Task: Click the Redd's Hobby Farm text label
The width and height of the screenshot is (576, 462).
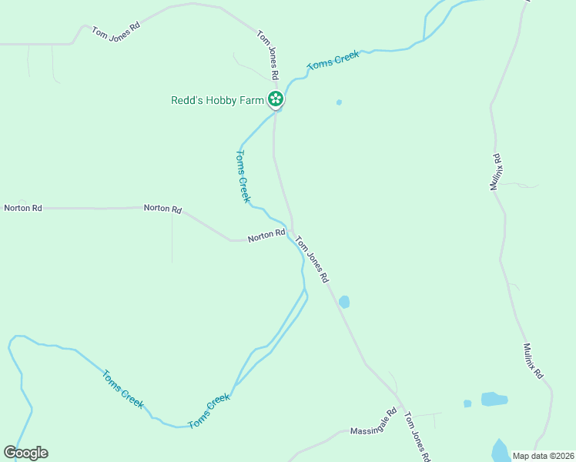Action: [x=217, y=100]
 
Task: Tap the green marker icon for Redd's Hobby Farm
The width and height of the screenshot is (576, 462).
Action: [x=276, y=99]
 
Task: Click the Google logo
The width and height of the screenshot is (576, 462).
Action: [x=25, y=453]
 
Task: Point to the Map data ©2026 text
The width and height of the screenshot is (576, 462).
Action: [x=543, y=456]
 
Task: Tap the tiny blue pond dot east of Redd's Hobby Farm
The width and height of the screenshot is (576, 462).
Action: [x=339, y=102]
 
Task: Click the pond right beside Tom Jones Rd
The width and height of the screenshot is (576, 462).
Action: [x=343, y=302]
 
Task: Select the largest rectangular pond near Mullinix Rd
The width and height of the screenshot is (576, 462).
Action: [x=494, y=399]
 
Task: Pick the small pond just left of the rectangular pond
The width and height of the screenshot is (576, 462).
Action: [x=467, y=403]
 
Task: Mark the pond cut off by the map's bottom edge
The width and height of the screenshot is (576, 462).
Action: [x=500, y=451]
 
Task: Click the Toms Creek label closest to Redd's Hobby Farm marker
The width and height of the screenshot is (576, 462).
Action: [x=333, y=63]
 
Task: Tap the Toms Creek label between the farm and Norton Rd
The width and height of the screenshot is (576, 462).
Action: [x=242, y=176]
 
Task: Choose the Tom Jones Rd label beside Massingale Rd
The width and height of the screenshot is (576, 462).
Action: [x=417, y=430]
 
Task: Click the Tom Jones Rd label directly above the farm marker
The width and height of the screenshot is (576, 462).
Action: [x=267, y=55]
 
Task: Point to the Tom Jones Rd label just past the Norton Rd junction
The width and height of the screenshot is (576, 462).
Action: [x=313, y=259]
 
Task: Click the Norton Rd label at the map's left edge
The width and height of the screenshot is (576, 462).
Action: [x=23, y=208]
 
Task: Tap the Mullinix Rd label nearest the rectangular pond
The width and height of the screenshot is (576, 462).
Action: [x=534, y=360]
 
